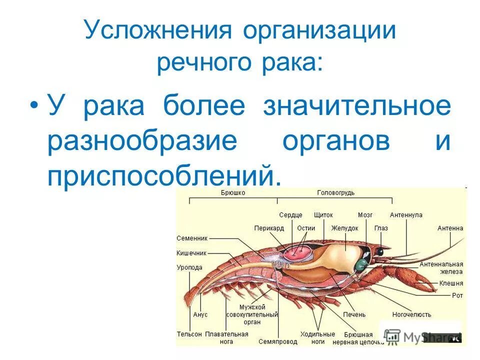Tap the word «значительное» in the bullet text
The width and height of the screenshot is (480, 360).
(357, 107)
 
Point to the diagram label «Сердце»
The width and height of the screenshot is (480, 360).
(290, 215)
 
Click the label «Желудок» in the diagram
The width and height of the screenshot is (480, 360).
(344, 228)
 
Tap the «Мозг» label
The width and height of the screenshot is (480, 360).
(365, 215)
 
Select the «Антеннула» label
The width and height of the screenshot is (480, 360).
(406, 215)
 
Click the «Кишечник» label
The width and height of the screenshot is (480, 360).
(191, 253)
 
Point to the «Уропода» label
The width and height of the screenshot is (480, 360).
(189, 267)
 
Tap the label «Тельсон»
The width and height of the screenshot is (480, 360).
(189, 333)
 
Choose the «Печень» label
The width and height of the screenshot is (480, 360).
(354, 314)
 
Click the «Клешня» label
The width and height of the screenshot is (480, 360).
(451, 283)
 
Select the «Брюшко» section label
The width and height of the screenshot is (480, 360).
(233, 192)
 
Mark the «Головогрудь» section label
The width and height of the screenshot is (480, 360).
(334, 192)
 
